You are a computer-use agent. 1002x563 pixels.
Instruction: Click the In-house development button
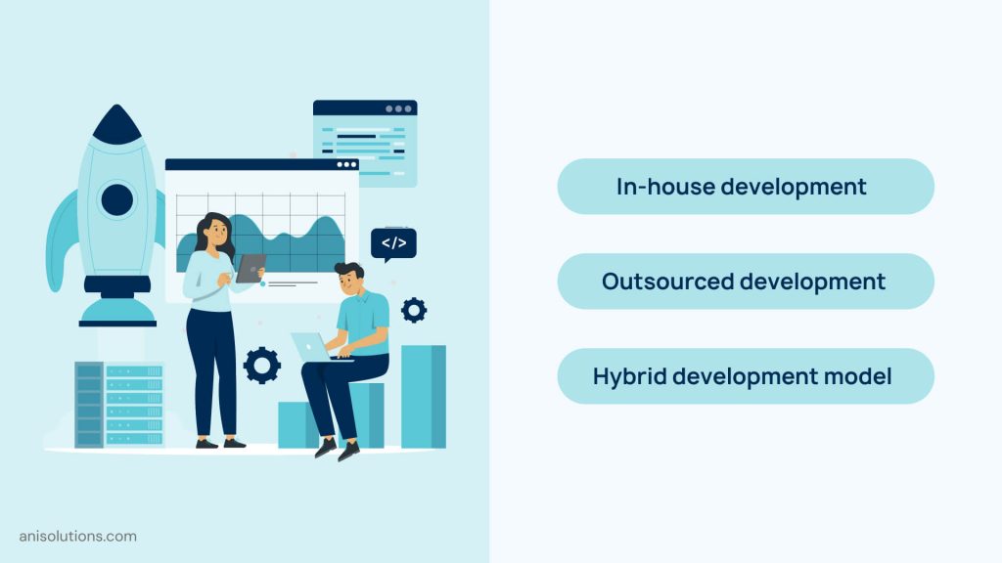pyautogui.click(x=745, y=187)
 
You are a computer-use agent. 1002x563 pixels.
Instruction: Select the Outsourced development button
pyautogui.click(x=745, y=281)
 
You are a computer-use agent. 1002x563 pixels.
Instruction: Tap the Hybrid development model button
pyautogui.click(x=745, y=376)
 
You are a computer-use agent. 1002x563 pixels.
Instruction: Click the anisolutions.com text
pyautogui.click(x=77, y=536)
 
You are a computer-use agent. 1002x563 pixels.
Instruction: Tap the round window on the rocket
pyautogui.click(x=117, y=199)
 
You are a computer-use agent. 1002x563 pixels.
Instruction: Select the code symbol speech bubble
pyautogui.click(x=393, y=243)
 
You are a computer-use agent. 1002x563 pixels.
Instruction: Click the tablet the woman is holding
pyautogui.click(x=250, y=268)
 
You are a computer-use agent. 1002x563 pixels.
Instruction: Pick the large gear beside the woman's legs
pyautogui.click(x=262, y=365)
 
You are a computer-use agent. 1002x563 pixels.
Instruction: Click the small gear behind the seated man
pyautogui.click(x=414, y=310)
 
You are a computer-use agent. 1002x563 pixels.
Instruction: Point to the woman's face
pyautogui.click(x=216, y=236)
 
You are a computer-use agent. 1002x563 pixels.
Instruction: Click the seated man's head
pyautogui.click(x=349, y=280)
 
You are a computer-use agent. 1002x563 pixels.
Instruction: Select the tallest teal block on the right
pyautogui.click(x=423, y=396)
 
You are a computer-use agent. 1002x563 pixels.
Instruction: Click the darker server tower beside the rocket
pyautogui.click(x=89, y=405)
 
